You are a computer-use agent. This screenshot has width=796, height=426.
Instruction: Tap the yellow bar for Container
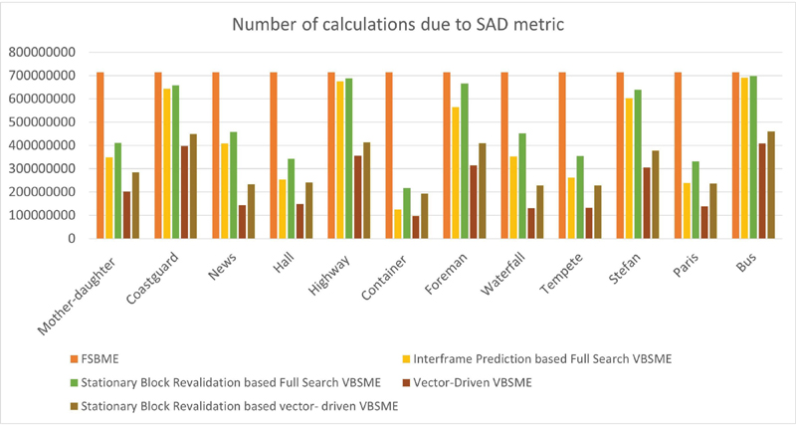pos(398,224)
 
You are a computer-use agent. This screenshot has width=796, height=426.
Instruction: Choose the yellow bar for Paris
pos(687,210)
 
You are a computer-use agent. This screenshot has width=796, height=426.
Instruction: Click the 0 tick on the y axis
pos(72,239)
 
